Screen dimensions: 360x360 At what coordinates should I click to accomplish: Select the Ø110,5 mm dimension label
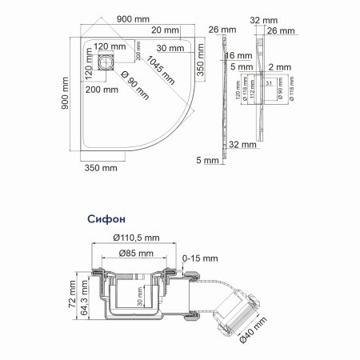pos(138,238)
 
